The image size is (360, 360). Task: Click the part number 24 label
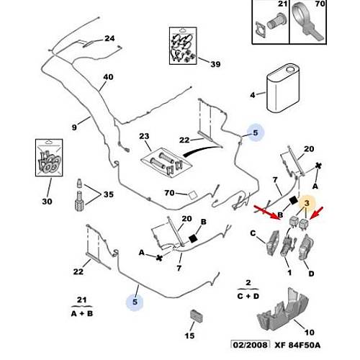tap(109, 38)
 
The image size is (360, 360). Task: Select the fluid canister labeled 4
tap(283, 88)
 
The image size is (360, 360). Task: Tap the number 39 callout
tap(215, 64)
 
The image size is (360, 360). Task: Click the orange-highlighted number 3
tap(307, 203)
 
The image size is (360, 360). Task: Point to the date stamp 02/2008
tap(251, 345)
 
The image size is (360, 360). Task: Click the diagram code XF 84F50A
tap(297, 345)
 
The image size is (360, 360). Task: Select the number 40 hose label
tap(108, 77)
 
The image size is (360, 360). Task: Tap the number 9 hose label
tap(74, 127)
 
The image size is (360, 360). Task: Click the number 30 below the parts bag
tap(47, 202)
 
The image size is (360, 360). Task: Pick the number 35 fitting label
tap(109, 194)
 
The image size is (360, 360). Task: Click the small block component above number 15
tap(197, 316)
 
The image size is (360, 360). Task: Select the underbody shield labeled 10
tap(283, 309)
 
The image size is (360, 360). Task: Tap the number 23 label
tap(144, 136)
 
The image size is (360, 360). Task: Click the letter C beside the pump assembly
tap(253, 233)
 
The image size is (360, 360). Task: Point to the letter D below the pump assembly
tap(311, 274)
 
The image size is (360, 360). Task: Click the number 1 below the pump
tap(289, 273)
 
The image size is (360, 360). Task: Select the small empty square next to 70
tap(192, 195)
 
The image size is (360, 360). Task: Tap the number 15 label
tap(189, 336)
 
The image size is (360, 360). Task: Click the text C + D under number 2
tap(248, 296)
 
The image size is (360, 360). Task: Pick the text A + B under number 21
tap(82, 313)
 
